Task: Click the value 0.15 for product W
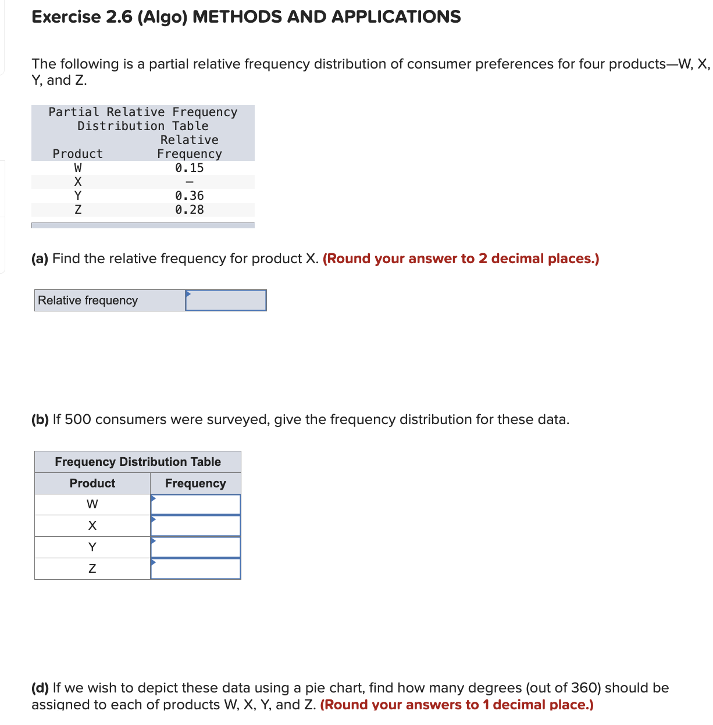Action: click(x=189, y=168)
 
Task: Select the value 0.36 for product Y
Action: click(x=189, y=196)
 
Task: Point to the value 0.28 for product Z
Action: click(x=189, y=210)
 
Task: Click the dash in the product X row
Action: click(x=189, y=182)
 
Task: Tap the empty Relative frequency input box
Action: click(x=226, y=300)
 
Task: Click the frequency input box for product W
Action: click(x=195, y=504)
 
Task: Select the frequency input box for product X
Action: click(x=195, y=526)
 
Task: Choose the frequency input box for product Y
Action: click(x=195, y=547)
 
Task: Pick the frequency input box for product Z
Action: click(x=195, y=569)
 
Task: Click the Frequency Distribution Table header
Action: click(x=138, y=462)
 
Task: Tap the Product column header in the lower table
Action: click(x=92, y=483)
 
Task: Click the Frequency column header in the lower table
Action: click(x=195, y=483)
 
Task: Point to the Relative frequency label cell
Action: click(x=88, y=300)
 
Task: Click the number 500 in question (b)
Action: click(x=77, y=419)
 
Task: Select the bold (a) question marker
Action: click(x=40, y=259)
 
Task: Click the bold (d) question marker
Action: click(x=40, y=688)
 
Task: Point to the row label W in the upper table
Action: click(x=78, y=168)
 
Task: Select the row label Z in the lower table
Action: click(x=92, y=569)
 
